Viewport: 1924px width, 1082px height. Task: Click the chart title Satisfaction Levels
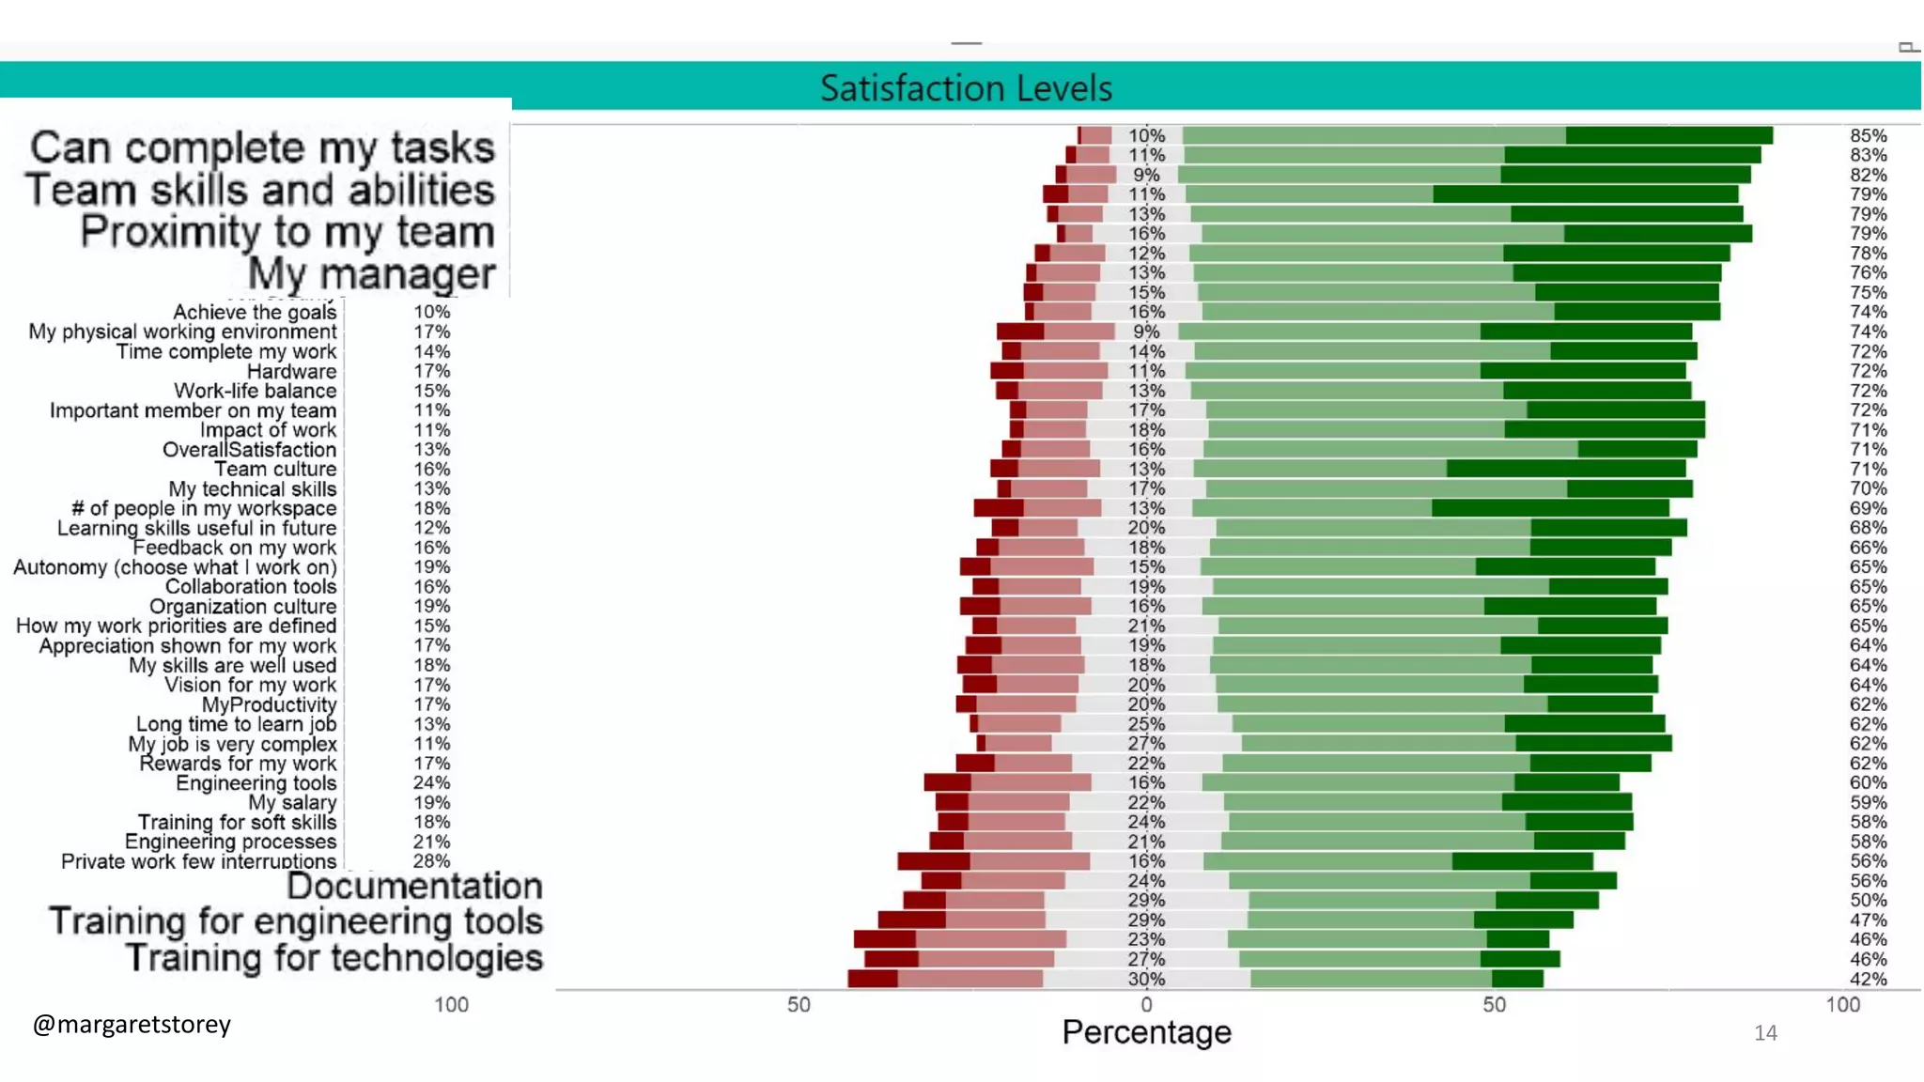966,88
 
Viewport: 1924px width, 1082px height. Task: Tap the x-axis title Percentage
1146,1032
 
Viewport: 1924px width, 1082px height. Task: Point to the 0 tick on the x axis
1146,1005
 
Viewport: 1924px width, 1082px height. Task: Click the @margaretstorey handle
132,1024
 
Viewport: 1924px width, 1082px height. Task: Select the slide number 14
1765,1033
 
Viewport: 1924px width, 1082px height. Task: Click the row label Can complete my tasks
262,148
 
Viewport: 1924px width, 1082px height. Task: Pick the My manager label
371,274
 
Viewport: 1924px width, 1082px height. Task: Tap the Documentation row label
414,886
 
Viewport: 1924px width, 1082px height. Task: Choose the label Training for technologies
334,958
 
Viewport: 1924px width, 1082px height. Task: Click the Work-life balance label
255,391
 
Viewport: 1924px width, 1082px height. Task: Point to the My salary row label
292,802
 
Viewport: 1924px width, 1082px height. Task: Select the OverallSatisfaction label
249,450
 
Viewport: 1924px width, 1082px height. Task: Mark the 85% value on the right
1868,135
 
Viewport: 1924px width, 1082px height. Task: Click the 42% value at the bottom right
1868,979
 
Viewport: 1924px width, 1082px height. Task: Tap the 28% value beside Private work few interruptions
431,861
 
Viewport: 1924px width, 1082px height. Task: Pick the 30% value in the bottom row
1146,979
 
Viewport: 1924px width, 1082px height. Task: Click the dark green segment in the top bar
1668,135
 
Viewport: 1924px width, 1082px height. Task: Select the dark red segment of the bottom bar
872,979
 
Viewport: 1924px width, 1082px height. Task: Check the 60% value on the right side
1868,782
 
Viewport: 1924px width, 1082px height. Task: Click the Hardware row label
291,371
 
